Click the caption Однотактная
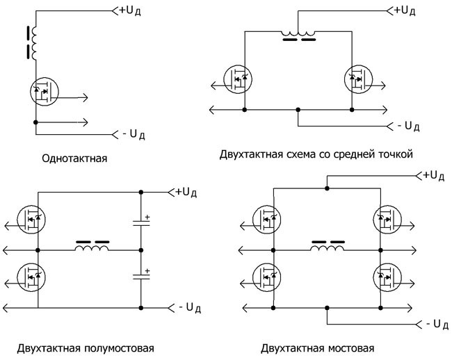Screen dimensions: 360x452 [x=74, y=158]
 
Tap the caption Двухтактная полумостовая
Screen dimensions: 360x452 [x=76, y=347]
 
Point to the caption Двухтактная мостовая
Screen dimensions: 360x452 [x=318, y=347]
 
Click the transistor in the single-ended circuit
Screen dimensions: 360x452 [x=44, y=90]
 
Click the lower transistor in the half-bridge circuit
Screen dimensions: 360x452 [x=32, y=277]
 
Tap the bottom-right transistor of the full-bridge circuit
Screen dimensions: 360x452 [x=385, y=277]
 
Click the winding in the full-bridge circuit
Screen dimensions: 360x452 [x=328, y=246]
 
